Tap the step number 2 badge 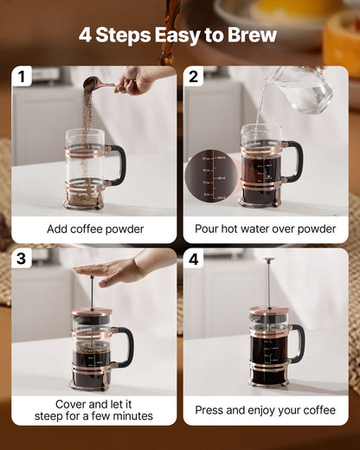click(x=193, y=77)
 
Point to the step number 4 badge click(x=193, y=259)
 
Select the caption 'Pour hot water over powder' click(x=266, y=229)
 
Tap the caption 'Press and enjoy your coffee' click(x=266, y=410)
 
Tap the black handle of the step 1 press click(x=118, y=164)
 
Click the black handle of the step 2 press click(x=295, y=160)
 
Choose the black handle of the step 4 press click(x=298, y=343)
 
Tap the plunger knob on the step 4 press click(x=269, y=260)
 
